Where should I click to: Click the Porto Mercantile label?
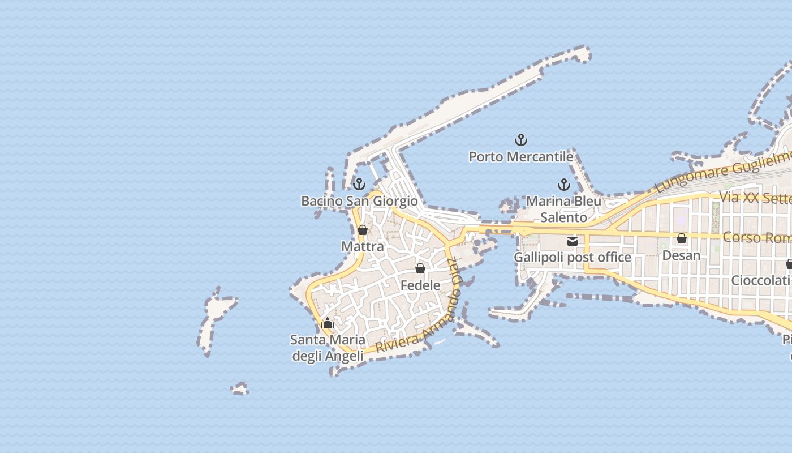click(x=521, y=156)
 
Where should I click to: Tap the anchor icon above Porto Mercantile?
click(x=520, y=139)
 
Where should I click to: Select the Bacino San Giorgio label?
click(x=359, y=201)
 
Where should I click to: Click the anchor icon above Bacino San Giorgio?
click(x=359, y=184)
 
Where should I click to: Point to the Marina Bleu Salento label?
click(x=564, y=209)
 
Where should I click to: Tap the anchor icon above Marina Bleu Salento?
click(x=563, y=184)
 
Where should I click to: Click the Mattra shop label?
click(x=363, y=246)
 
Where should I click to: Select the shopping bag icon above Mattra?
click(x=363, y=230)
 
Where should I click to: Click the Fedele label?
click(x=420, y=285)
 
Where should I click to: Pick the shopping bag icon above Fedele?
click(x=420, y=268)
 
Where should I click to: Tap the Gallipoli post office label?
click(x=573, y=258)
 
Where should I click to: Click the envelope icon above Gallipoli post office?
click(x=573, y=241)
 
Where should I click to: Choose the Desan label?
click(x=681, y=255)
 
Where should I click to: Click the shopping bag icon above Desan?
click(x=682, y=238)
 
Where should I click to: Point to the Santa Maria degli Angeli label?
click(x=328, y=348)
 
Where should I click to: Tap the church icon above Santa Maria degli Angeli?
click(x=328, y=323)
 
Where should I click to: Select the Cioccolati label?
click(x=761, y=280)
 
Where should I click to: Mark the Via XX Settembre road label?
click(x=755, y=198)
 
